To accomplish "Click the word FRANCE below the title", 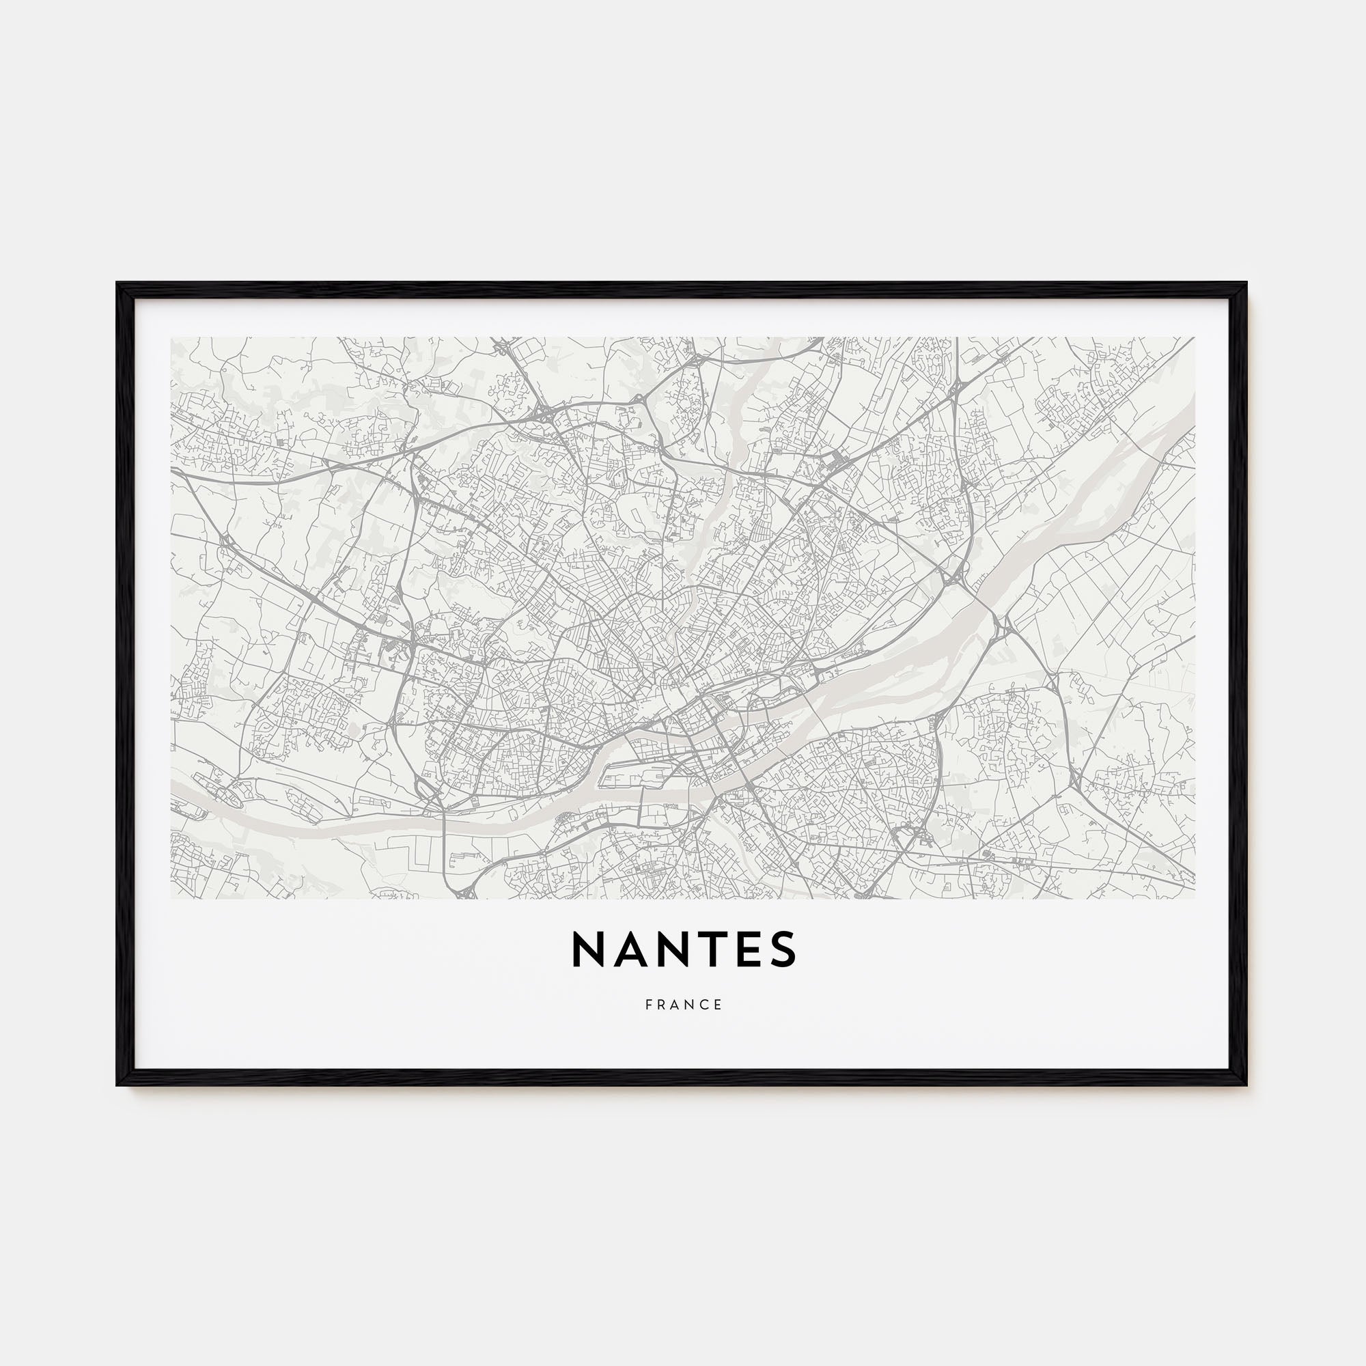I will pos(683,1005).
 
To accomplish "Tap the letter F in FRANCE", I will pos(648,1005).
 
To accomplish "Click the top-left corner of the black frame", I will pos(117,283).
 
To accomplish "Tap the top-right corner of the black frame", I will pos(1246,283).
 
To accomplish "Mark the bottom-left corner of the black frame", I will pos(117,1085).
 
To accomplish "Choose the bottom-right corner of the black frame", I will pos(1246,1085).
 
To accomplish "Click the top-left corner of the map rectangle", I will pos(171,337).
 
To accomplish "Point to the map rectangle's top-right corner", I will pos(1194,337).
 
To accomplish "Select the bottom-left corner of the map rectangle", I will pos(171,899).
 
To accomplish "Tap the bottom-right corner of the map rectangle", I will pos(1194,899).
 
